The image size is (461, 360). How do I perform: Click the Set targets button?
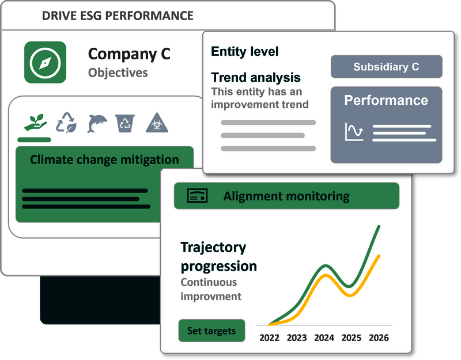pos(211,331)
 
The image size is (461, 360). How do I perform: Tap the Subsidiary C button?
pos(386,67)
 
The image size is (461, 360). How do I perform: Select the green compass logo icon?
pos(46,62)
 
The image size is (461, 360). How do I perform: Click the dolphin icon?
pos(97,123)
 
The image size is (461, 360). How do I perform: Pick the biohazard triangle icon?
pos(157,123)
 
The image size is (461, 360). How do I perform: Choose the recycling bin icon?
pos(125,123)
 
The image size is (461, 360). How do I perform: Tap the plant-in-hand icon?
pos(35,122)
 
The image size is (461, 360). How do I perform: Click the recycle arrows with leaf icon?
pos(66,123)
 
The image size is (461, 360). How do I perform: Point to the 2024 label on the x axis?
pos(324,338)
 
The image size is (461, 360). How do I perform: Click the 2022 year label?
pos(269,338)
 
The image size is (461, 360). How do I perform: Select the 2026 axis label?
pos(379,338)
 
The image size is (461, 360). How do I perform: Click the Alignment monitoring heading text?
pos(286,196)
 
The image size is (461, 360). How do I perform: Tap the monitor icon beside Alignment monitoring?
pos(197,195)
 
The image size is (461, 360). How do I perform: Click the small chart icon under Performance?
pos(354,131)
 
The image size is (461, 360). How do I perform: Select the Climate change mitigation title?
pos(104,160)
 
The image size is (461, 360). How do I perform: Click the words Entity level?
pos(244,51)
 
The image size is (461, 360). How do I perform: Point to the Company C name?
pos(129,54)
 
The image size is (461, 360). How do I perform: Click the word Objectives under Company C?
pos(118,73)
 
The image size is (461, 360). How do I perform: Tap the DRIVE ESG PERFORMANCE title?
pos(118,16)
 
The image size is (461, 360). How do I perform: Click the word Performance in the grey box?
pos(386,100)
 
